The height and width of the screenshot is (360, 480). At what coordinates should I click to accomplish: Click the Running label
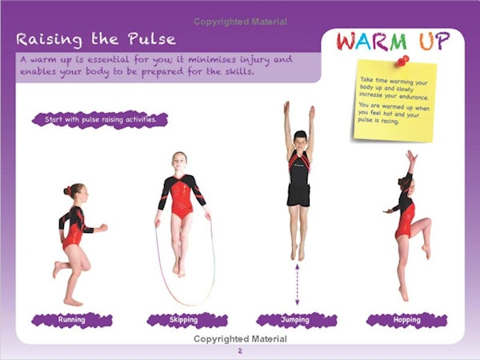click(72, 320)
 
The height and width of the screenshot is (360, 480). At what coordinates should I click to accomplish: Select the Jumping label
click(296, 320)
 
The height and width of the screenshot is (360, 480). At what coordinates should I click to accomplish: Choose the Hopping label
click(406, 320)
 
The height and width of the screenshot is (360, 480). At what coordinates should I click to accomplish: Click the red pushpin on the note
click(403, 61)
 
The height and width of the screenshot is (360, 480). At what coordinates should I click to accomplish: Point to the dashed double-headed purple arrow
click(297, 285)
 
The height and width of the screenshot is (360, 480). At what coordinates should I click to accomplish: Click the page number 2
click(240, 351)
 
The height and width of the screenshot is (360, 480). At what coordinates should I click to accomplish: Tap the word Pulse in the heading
click(152, 39)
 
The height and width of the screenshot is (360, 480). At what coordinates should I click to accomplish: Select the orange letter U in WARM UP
click(426, 42)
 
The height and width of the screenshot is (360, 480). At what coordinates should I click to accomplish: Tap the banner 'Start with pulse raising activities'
click(101, 119)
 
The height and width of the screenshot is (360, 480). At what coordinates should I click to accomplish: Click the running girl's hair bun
click(67, 190)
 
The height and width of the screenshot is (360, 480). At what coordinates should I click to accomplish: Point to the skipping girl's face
click(179, 161)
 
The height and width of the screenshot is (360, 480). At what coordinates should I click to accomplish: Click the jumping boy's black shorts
click(298, 194)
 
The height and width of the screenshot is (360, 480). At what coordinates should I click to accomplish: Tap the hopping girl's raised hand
click(411, 156)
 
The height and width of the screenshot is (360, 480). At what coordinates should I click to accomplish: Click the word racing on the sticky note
click(389, 122)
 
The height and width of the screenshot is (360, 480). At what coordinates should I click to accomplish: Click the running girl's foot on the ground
click(73, 302)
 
